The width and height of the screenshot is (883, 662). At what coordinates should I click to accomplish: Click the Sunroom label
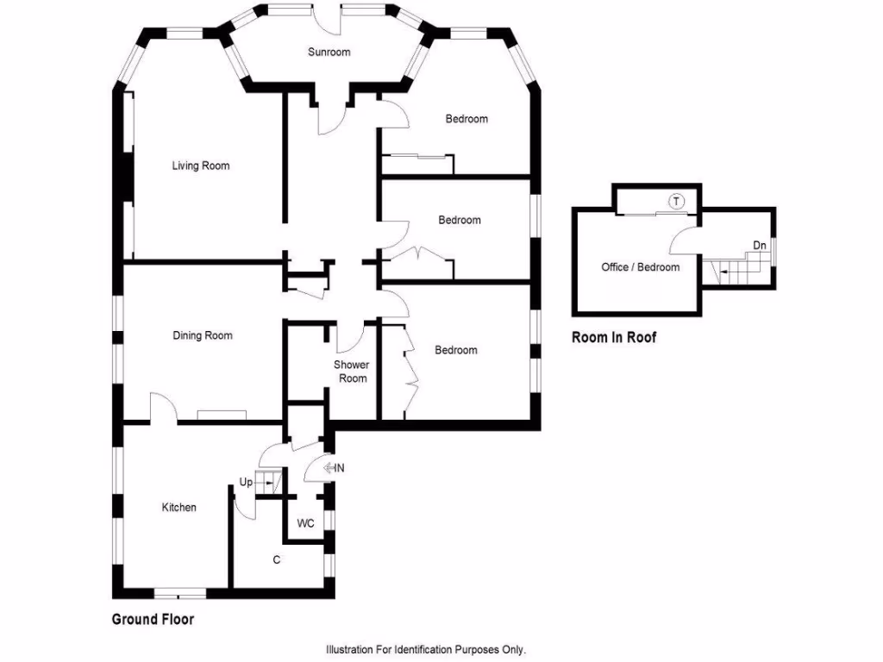(x=329, y=52)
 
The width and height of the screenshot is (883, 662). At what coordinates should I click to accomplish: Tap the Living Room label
(x=200, y=165)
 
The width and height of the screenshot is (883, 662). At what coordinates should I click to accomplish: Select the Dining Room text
(x=202, y=335)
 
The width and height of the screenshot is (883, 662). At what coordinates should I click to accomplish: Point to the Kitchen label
(x=179, y=507)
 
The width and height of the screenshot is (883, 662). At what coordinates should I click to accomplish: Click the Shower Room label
(x=352, y=372)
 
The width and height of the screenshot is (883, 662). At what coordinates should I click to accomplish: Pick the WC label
(x=306, y=523)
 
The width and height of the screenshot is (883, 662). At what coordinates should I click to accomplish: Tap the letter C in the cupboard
(x=277, y=560)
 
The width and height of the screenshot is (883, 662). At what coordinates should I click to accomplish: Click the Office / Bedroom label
(x=641, y=267)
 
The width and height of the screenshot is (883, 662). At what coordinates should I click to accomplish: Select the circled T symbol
(x=676, y=202)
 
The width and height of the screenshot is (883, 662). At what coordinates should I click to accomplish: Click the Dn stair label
(x=759, y=246)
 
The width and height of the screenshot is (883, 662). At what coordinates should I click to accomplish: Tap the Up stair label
(x=246, y=483)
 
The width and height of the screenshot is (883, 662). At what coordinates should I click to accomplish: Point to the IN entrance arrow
(x=334, y=468)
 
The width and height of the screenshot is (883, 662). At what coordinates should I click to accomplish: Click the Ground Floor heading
(x=153, y=619)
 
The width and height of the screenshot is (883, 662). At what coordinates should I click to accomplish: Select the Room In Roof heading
(x=614, y=337)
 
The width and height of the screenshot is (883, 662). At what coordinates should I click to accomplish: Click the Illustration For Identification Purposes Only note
(x=426, y=650)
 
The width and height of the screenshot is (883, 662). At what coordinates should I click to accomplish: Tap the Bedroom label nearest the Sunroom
(x=467, y=119)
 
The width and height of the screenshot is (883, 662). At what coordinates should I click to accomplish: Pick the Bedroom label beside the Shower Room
(x=456, y=350)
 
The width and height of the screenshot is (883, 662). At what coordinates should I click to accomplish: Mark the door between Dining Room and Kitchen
(x=163, y=407)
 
